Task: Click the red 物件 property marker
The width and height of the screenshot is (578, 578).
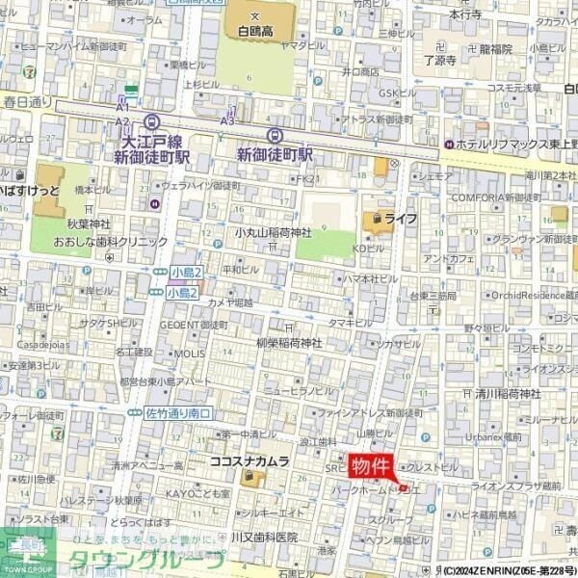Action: point(371,466)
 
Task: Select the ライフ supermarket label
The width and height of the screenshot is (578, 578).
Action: point(401,220)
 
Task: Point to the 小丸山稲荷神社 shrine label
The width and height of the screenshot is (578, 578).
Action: point(274,233)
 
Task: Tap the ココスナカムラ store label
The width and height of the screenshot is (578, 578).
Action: point(249,462)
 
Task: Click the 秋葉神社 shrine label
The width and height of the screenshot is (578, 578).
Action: point(89,223)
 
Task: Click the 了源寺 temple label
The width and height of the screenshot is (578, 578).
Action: point(439,60)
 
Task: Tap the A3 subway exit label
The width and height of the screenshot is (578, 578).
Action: point(227,121)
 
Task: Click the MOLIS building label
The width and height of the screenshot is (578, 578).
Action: point(189,354)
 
